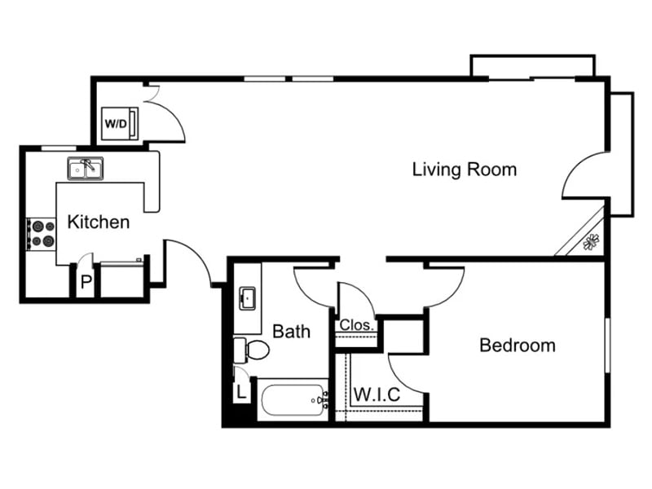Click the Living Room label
coord(464,170)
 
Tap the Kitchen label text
coord(98,222)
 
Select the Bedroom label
coord(517,346)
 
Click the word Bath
coord(291,332)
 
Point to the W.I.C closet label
coord(377,395)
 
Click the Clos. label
coord(357,325)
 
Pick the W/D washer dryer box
coord(115,125)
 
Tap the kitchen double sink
coord(86,169)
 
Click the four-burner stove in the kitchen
coord(41,234)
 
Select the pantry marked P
coord(85,284)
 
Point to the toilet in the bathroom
coord(254,350)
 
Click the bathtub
coord(292,400)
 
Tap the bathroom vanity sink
coord(248,297)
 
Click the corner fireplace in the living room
coord(588,240)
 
